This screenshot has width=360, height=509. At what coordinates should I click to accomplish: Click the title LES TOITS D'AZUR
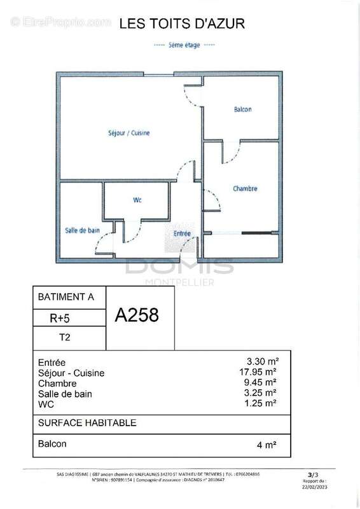click(x=182, y=24)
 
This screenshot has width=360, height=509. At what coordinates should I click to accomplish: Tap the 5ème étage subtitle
click(x=183, y=45)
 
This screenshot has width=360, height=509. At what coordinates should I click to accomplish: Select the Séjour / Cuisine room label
click(x=128, y=133)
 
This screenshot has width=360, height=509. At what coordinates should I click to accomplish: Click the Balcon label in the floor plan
click(x=242, y=109)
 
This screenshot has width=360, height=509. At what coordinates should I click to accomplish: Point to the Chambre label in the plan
click(x=245, y=189)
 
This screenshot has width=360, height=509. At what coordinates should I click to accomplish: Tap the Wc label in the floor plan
click(x=137, y=200)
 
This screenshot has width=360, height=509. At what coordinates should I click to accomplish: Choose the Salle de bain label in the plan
click(x=82, y=230)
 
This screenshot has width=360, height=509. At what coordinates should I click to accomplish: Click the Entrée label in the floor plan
click(x=183, y=234)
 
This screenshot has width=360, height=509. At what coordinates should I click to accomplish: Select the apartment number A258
click(x=136, y=314)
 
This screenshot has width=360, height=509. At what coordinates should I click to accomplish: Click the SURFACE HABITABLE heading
click(x=87, y=422)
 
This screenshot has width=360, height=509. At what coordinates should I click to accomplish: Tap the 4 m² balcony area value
click(x=265, y=445)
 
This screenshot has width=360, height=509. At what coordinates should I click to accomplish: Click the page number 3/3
click(x=310, y=475)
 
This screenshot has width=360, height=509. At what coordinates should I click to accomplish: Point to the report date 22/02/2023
click(x=310, y=487)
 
